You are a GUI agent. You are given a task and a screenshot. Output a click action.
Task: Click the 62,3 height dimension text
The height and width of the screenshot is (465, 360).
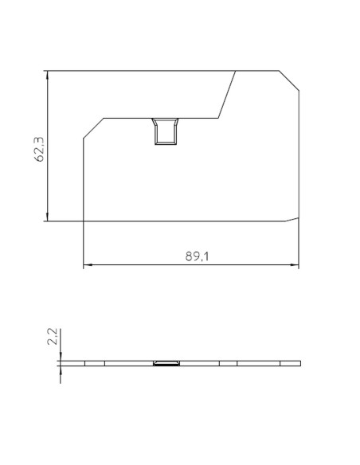tap(38, 148)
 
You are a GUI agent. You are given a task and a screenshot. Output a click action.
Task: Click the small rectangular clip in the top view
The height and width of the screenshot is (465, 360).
tap(166, 131)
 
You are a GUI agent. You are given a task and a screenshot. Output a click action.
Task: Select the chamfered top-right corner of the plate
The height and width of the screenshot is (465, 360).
tap(288, 80)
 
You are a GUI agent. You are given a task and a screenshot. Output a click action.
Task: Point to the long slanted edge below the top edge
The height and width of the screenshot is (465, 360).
tap(227, 95)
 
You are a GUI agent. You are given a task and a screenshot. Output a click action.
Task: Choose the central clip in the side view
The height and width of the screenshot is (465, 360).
tap(166, 363)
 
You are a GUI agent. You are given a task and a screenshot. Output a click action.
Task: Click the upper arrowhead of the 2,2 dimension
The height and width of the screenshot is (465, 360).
tap(60, 356)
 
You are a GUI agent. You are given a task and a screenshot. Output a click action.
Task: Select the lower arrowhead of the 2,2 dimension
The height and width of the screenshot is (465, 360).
tap(60, 371)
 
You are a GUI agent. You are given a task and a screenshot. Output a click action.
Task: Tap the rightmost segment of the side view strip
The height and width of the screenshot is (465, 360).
tap(291, 363)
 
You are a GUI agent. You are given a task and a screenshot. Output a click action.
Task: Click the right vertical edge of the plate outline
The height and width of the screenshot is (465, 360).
tap(299, 151)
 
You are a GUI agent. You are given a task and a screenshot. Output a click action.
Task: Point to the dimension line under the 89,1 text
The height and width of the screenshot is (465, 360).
tap(191, 264)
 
